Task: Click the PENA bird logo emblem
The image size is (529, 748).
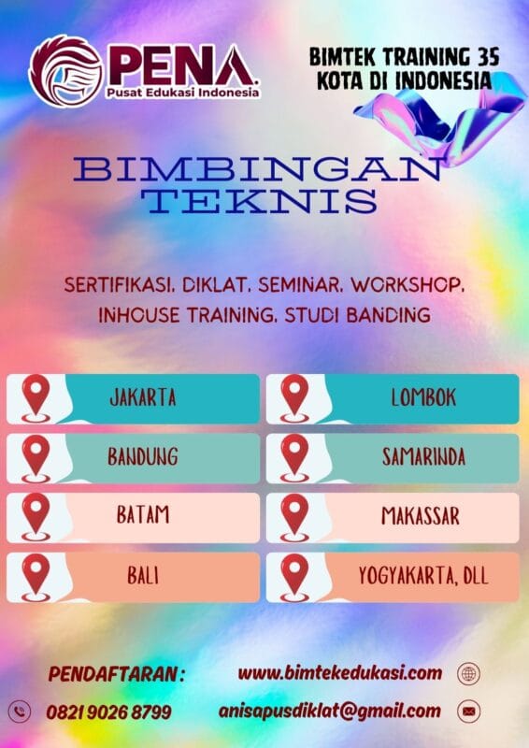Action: click(65, 71)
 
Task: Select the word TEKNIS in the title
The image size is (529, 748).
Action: click(264, 200)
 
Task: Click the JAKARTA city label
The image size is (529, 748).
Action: click(143, 398)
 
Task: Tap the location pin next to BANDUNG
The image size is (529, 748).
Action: click(36, 457)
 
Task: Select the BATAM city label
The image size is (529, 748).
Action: click(143, 516)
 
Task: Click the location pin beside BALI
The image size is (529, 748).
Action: click(36, 575)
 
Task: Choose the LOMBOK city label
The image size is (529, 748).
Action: click(423, 398)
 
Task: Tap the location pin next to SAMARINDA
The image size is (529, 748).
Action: click(294, 457)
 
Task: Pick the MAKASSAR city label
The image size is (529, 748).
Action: click(421, 516)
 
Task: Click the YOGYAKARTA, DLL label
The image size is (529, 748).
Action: click(423, 575)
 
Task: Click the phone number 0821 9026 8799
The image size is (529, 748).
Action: click(109, 712)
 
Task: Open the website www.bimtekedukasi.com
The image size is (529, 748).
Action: click(339, 672)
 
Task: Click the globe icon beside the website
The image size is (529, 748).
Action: click(468, 673)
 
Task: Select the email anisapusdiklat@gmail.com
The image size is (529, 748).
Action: click(329, 711)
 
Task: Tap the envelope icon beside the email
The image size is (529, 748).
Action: click(468, 712)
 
